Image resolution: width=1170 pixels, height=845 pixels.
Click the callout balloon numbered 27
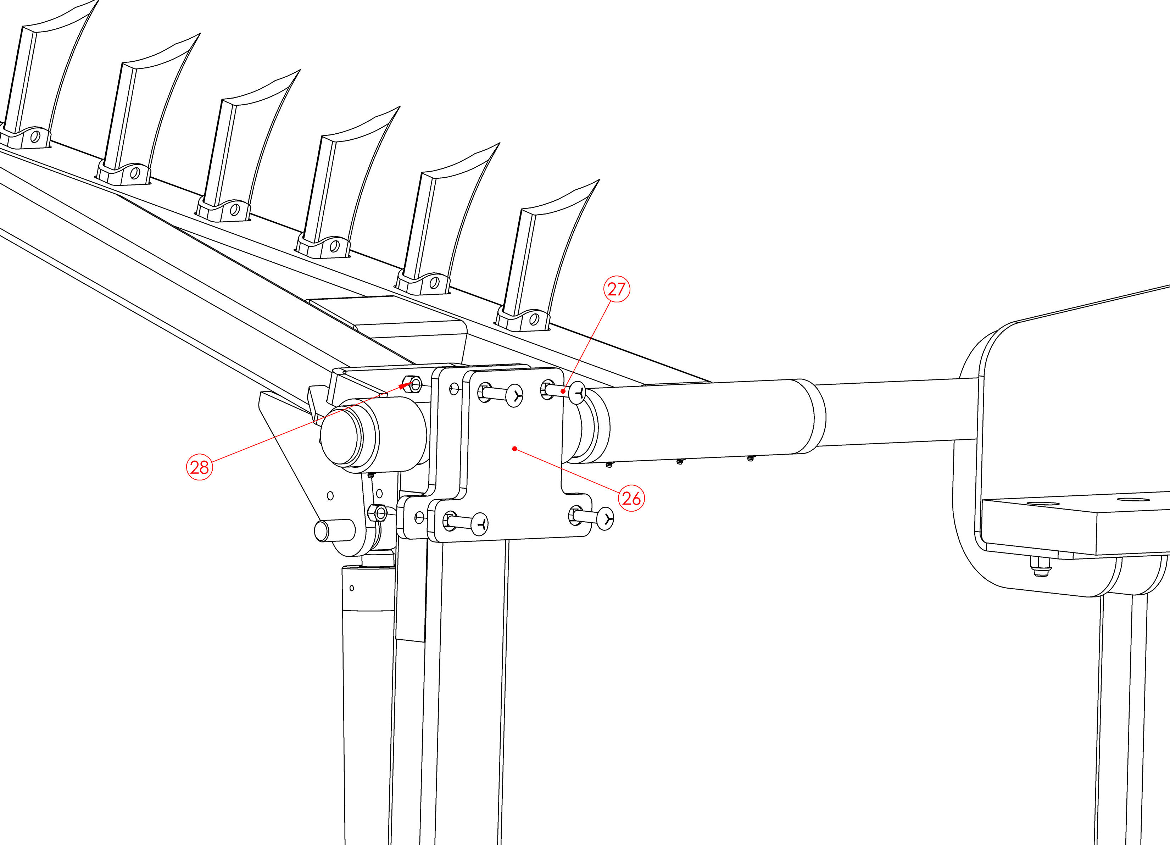point(617,289)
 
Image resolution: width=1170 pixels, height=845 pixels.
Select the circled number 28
point(199,467)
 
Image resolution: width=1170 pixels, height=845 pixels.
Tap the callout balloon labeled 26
point(631,498)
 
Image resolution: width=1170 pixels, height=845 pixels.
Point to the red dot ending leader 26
point(514,449)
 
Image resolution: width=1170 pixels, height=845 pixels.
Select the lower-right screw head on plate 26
point(606,518)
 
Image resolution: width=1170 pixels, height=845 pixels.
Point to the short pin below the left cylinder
point(334,530)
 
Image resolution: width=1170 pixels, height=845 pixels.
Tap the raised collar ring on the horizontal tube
point(808,416)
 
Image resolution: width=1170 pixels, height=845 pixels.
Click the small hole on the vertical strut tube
point(352,588)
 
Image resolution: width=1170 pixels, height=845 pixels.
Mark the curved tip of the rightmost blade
point(598,180)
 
